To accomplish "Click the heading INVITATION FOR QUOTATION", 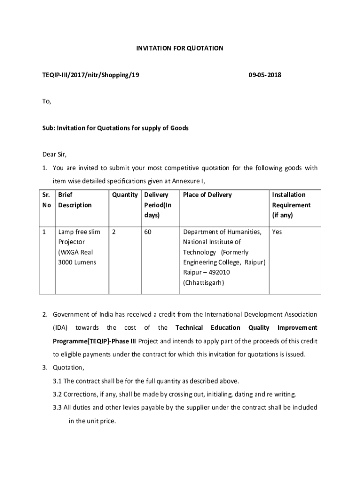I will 180,48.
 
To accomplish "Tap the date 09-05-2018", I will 265,75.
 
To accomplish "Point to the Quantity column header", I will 125,195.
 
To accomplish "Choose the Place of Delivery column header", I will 207,195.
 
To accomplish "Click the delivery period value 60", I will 148,232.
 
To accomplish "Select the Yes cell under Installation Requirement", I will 277,232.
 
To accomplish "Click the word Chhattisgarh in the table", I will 204,283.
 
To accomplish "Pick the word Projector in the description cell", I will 72,242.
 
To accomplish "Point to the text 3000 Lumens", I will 77,262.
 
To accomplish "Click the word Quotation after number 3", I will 68,368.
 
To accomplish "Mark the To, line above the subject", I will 46,101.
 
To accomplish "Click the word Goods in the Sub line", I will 180,128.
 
